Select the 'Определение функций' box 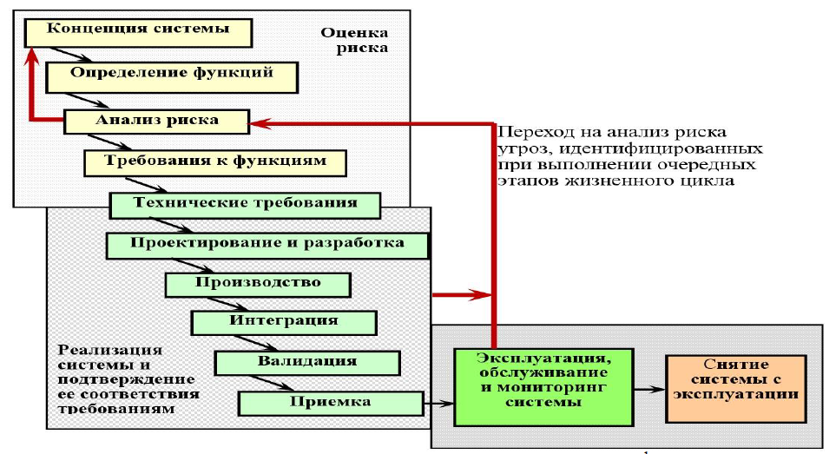pos(171,74)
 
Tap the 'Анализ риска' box pos(157,120)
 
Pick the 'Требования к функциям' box pos(215,162)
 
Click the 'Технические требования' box pos(246,204)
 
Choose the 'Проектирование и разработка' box pos(267,244)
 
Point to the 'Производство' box pos(258,284)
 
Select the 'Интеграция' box pos(284,321)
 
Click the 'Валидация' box pos(307,361)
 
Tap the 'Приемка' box pos(330,403)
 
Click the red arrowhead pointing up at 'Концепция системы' pos(32,56)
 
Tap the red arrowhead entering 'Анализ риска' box pos(258,124)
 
